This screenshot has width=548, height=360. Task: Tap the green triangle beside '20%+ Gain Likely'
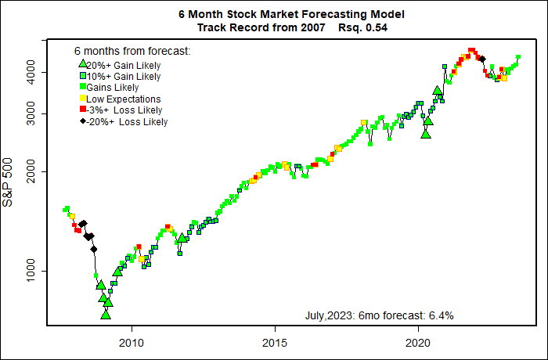click(x=82, y=64)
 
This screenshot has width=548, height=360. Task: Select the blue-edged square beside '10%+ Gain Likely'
click(x=82, y=77)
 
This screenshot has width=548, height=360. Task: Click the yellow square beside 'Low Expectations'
click(x=82, y=99)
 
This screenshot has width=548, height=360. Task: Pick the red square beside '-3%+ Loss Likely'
click(x=82, y=110)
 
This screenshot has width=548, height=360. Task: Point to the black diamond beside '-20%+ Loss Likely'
click(x=82, y=121)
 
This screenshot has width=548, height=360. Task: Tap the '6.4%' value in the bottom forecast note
click(x=441, y=315)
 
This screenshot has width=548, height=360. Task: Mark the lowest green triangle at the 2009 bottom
click(x=106, y=314)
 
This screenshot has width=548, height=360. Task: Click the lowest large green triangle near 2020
click(x=426, y=133)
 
